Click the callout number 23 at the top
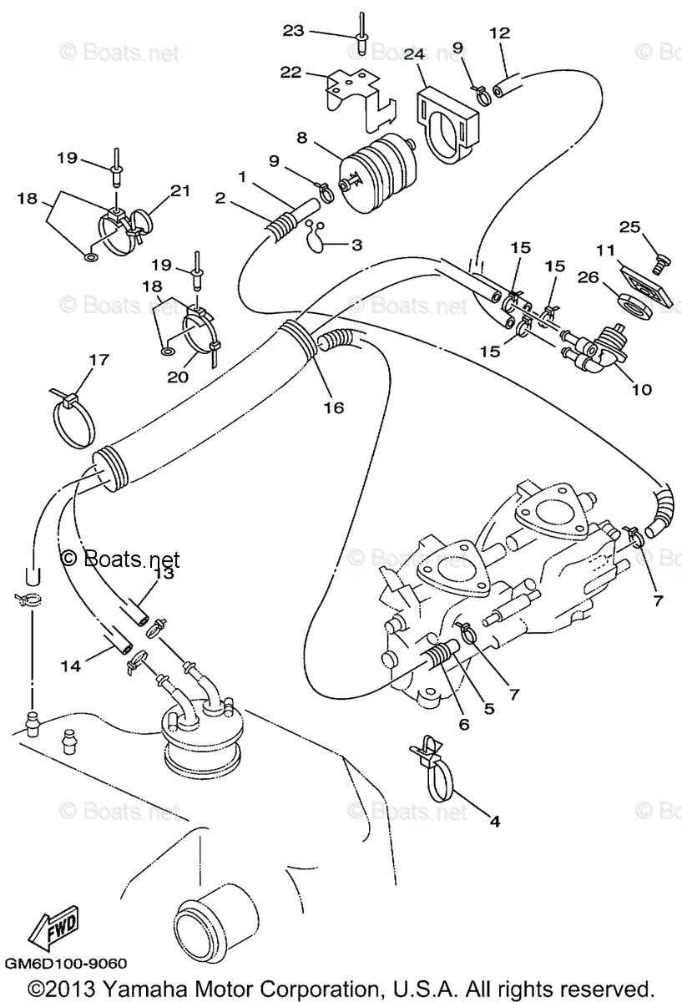click(x=294, y=31)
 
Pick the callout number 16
click(x=334, y=407)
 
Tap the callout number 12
click(x=499, y=34)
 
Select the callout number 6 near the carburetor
click(x=462, y=723)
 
